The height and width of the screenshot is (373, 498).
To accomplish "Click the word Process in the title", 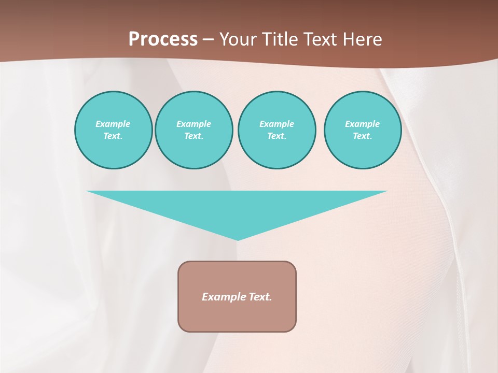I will coord(163,39).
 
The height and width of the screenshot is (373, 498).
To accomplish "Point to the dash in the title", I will coord(208,40).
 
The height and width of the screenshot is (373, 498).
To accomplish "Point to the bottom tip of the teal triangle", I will coord(238,239).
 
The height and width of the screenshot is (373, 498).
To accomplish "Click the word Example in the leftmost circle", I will coord(113,124).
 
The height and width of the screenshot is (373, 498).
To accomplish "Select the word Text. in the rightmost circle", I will coord(363,136).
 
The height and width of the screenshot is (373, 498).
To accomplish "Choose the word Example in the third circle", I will coord(277,124).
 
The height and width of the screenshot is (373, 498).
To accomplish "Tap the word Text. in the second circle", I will coord(194,136).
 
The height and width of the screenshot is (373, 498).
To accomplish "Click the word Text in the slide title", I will coord(321,39).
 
